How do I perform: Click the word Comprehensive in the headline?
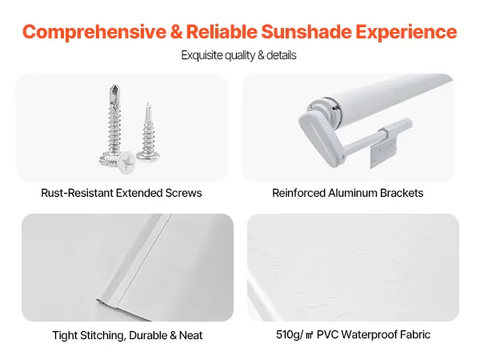tap(94, 32)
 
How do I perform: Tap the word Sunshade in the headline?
tap(306, 31)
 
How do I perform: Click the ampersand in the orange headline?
tap(176, 31)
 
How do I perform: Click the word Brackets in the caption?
tap(402, 193)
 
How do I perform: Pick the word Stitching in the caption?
tap(102, 335)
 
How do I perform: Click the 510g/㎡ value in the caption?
tap(294, 334)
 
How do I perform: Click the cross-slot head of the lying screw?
tap(126, 162)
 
